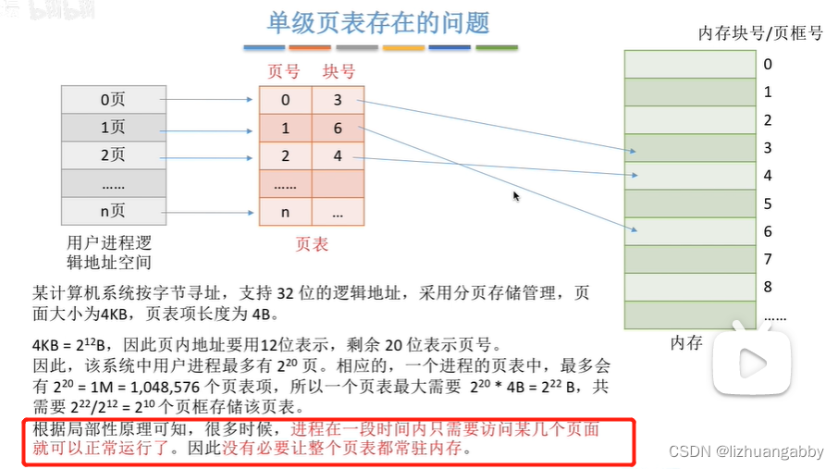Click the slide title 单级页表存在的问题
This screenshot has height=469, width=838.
[378, 22]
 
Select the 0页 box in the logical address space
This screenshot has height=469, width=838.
[113, 99]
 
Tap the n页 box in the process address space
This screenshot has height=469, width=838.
[113, 211]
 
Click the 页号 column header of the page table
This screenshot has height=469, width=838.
[284, 71]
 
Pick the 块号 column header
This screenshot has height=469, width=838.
[339, 71]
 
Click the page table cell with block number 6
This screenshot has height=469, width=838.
[339, 129]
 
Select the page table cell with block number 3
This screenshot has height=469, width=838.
[339, 100]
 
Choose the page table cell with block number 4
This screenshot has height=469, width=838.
[339, 156]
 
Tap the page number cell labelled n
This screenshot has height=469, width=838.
[285, 212]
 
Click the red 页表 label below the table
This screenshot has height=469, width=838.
[312, 244]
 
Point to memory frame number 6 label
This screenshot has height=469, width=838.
[768, 231]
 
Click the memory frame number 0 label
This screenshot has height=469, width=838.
[768, 64]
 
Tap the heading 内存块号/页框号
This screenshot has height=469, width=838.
[760, 34]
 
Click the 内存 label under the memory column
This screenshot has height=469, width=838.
[686, 343]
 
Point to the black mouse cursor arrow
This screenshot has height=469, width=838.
[516, 195]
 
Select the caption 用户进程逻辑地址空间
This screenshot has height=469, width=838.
[109, 252]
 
